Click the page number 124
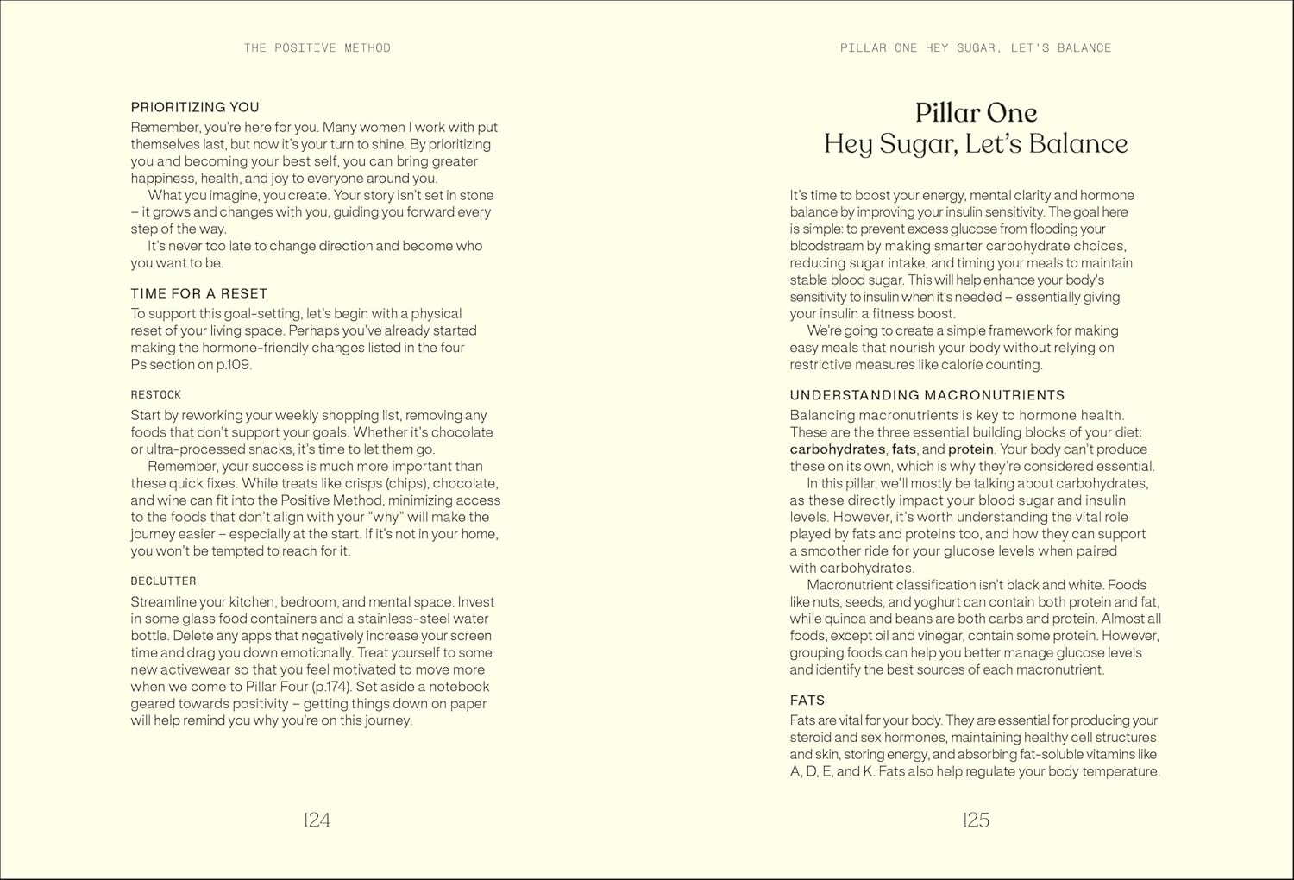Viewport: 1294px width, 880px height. (317, 820)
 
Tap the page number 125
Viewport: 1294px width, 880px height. (976, 820)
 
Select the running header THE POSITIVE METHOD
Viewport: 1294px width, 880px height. (317, 48)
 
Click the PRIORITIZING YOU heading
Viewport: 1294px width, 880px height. (195, 107)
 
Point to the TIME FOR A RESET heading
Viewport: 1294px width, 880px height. (199, 293)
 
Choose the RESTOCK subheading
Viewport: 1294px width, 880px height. (156, 395)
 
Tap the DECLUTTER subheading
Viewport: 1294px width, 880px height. (164, 581)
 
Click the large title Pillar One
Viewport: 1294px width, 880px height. (976, 113)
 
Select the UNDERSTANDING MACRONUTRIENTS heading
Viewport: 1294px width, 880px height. (927, 395)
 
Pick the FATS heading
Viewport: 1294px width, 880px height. (807, 701)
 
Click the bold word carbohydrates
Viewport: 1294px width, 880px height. (838, 449)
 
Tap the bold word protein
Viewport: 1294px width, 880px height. (970, 449)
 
